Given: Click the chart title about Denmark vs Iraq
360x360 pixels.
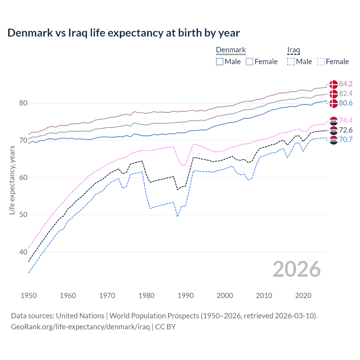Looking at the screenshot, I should click(123, 33).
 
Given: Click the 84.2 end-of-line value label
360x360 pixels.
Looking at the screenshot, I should click(346, 84).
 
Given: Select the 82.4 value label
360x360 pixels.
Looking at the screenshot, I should click(346, 93).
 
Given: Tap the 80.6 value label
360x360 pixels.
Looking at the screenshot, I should click(346, 103).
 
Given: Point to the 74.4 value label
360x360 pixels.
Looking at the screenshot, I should click(346, 120).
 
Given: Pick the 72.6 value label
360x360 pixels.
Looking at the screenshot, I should click(346, 130).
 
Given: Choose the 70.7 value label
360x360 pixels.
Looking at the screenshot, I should click(346, 139).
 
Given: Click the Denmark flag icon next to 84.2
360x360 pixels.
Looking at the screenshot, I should click(334, 84).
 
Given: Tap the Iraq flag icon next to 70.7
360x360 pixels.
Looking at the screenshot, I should click(334, 140).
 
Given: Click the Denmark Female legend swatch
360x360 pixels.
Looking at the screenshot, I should click(249, 62).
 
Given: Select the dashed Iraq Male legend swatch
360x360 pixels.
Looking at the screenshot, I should click(291, 62).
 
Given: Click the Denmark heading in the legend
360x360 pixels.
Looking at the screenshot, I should click(231, 50).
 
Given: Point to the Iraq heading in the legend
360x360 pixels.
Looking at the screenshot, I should click(293, 50).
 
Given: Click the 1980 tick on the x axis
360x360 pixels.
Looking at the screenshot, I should click(146, 296).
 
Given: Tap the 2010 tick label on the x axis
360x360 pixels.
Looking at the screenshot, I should click(264, 296).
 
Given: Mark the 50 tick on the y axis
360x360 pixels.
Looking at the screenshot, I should click(23, 215).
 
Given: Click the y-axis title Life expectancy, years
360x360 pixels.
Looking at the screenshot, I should click(12, 180).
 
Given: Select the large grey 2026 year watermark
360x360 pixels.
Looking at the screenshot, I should click(296, 269).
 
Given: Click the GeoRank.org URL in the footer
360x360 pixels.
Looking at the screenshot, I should click(80, 327).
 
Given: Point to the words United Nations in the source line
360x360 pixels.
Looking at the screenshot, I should click(80, 316).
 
